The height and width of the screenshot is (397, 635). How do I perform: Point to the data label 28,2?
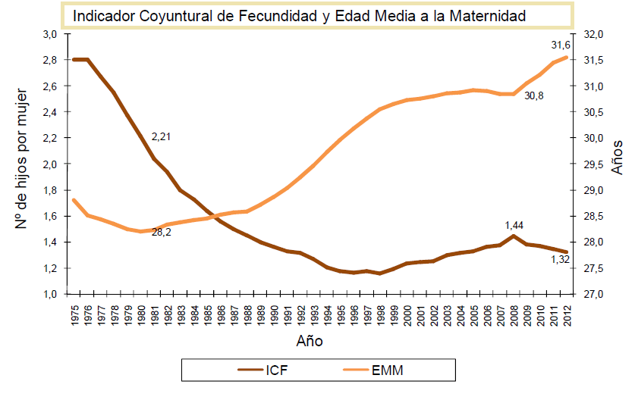coord(162,232)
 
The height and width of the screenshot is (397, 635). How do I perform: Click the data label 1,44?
coord(515,225)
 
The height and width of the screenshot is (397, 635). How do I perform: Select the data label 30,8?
coord(535,95)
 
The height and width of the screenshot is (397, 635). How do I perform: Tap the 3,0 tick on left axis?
coord(50,34)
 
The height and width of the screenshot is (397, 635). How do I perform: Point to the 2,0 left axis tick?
coord(50,164)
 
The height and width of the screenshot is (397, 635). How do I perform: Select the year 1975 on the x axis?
coord(74,314)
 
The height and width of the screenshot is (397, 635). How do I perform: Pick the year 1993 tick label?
coord(313,314)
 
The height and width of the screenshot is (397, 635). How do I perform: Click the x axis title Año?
coord(310,342)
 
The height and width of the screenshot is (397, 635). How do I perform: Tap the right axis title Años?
coord(618,156)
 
